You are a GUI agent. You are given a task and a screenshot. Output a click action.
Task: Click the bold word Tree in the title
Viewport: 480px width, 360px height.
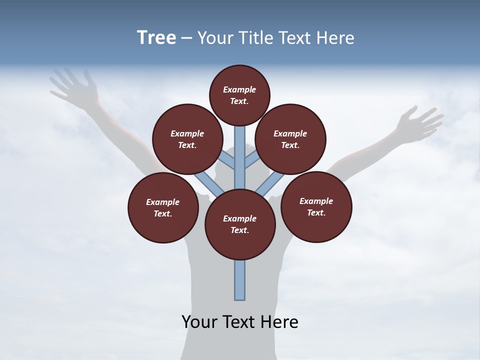point(156,37)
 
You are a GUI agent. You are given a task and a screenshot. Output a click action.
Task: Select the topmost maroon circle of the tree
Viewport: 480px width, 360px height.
point(239,95)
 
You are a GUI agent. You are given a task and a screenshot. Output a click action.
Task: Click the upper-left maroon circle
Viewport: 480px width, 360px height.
point(187,139)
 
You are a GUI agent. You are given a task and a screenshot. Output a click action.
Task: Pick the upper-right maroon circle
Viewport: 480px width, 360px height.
point(290,139)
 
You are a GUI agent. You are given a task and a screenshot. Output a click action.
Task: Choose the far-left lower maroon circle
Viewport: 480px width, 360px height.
point(163,207)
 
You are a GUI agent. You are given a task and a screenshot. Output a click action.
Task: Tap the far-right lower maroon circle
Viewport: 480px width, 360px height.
point(316,206)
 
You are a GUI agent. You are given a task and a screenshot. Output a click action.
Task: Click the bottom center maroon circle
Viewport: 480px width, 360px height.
point(240,224)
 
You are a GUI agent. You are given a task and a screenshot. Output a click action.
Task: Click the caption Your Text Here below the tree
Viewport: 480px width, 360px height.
point(240,322)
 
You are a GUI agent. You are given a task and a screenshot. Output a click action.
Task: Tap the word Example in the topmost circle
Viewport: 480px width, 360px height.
point(239,89)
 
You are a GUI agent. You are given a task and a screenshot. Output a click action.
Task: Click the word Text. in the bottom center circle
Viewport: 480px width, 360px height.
point(239,230)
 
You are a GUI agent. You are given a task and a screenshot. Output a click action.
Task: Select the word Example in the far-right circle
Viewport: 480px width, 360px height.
point(316,201)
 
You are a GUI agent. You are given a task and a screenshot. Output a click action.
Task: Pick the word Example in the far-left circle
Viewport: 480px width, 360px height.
point(162,202)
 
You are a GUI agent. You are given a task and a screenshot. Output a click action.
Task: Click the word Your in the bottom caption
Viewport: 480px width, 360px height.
point(200,322)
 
